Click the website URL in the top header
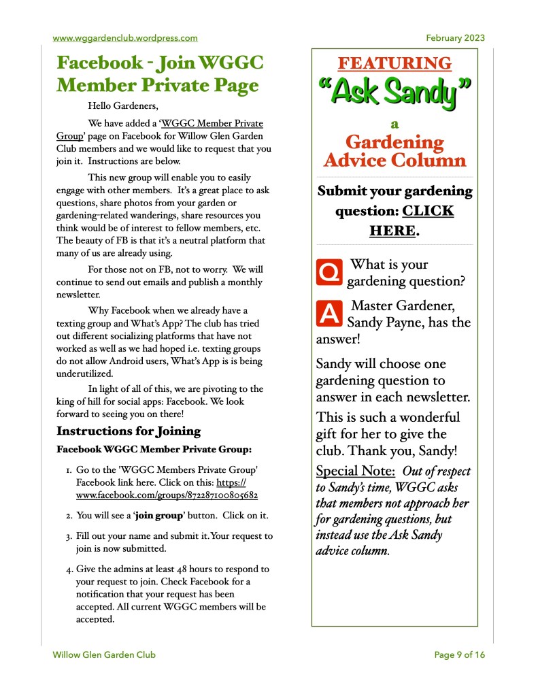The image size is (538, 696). pyautogui.click(x=125, y=38)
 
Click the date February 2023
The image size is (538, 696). pyautogui.click(x=455, y=38)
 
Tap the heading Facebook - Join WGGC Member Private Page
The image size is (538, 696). pyautogui.click(x=159, y=74)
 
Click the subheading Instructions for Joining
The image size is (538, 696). pyautogui.click(x=128, y=431)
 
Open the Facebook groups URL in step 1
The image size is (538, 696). pyautogui.click(x=167, y=495)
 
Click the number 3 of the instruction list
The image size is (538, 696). pyautogui.click(x=69, y=536)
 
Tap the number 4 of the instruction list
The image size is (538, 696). pyautogui.click(x=69, y=569)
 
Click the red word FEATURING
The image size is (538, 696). pyautogui.click(x=394, y=63)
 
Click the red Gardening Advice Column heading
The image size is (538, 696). pyautogui.click(x=394, y=151)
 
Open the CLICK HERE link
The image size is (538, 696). pyautogui.click(x=411, y=220)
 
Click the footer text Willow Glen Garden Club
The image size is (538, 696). pyautogui.click(x=104, y=655)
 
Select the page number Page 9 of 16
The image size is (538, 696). pyautogui.click(x=460, y=655)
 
